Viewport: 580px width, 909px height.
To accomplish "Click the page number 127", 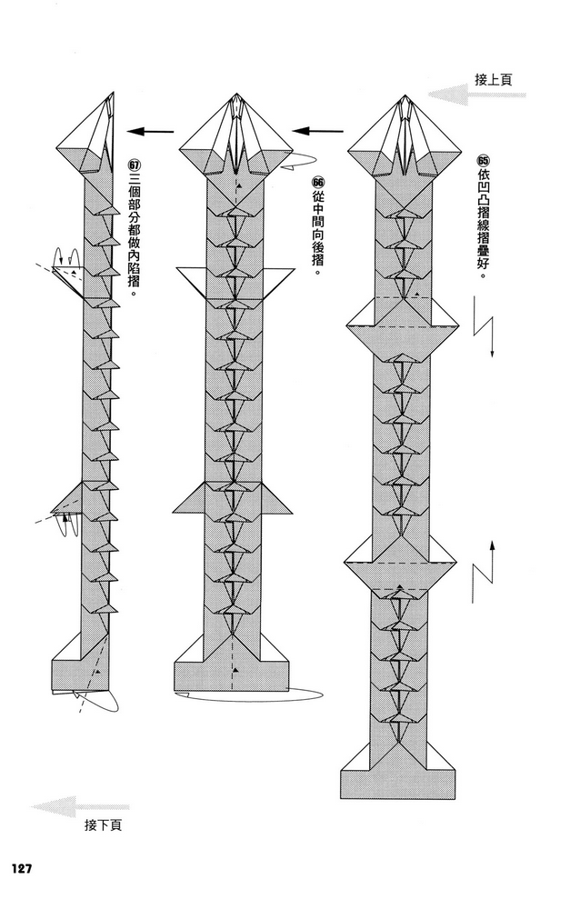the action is [21, 868].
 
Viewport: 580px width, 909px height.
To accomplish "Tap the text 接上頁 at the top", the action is [493, 79].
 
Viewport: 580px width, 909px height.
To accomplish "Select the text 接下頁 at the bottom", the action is [104, 825].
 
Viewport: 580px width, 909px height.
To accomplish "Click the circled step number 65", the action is [483, 161].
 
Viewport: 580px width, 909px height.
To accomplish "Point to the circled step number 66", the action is [318, 182].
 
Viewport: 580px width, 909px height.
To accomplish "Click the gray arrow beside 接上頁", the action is [476, 95].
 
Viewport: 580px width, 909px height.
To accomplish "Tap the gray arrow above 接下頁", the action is [80, 806].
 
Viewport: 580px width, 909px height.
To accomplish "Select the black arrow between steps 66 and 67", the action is [151, 132].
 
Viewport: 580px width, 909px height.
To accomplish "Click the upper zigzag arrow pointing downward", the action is [485, 327].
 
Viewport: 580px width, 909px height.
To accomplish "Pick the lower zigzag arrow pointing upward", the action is [483, 571].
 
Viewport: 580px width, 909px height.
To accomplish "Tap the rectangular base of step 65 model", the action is [398, 784].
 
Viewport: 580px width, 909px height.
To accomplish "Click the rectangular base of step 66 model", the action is [232, 676].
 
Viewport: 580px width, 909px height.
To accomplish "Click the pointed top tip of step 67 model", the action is [112, 93].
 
